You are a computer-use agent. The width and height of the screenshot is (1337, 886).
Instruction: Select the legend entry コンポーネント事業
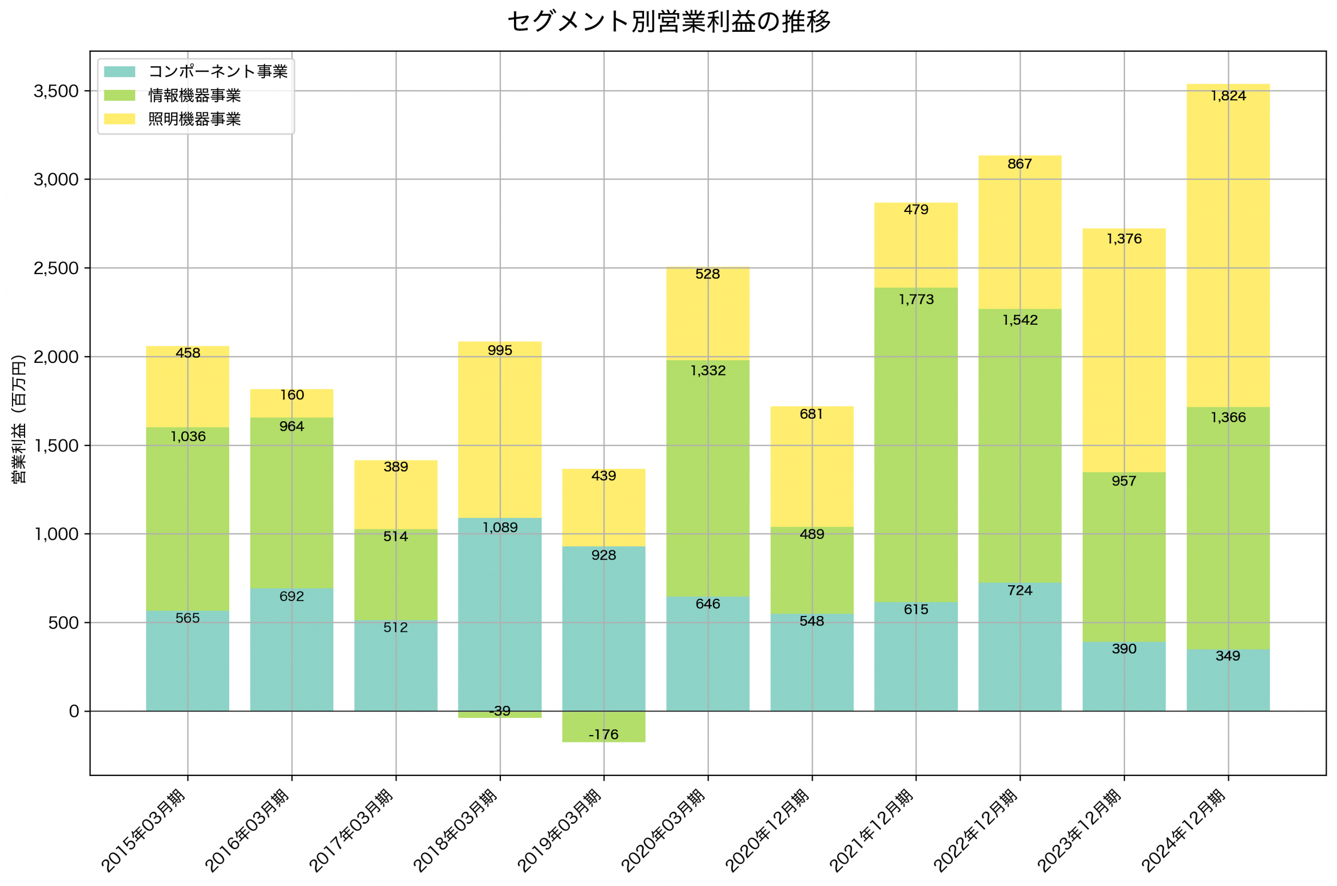pos(218,72)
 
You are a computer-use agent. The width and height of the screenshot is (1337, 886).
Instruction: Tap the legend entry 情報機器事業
pos(194,96)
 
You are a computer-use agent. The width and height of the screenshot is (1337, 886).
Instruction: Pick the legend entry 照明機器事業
pos(194,119)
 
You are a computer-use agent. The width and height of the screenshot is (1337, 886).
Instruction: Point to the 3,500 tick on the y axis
pos(56,91)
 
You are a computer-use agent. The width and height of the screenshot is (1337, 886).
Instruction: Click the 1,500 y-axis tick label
pos(56,446)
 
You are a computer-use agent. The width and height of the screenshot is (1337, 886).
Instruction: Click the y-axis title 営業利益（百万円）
pos(19,419)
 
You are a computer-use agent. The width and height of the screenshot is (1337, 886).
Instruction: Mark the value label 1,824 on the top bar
pos(1228,96)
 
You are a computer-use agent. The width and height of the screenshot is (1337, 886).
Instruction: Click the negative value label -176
pos(604,735)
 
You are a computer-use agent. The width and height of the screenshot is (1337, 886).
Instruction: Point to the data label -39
pos(499,711)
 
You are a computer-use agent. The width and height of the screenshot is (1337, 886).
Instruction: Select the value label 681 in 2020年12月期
pos(812,414)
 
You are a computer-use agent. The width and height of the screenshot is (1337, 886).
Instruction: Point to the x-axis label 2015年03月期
pos(144,831)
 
